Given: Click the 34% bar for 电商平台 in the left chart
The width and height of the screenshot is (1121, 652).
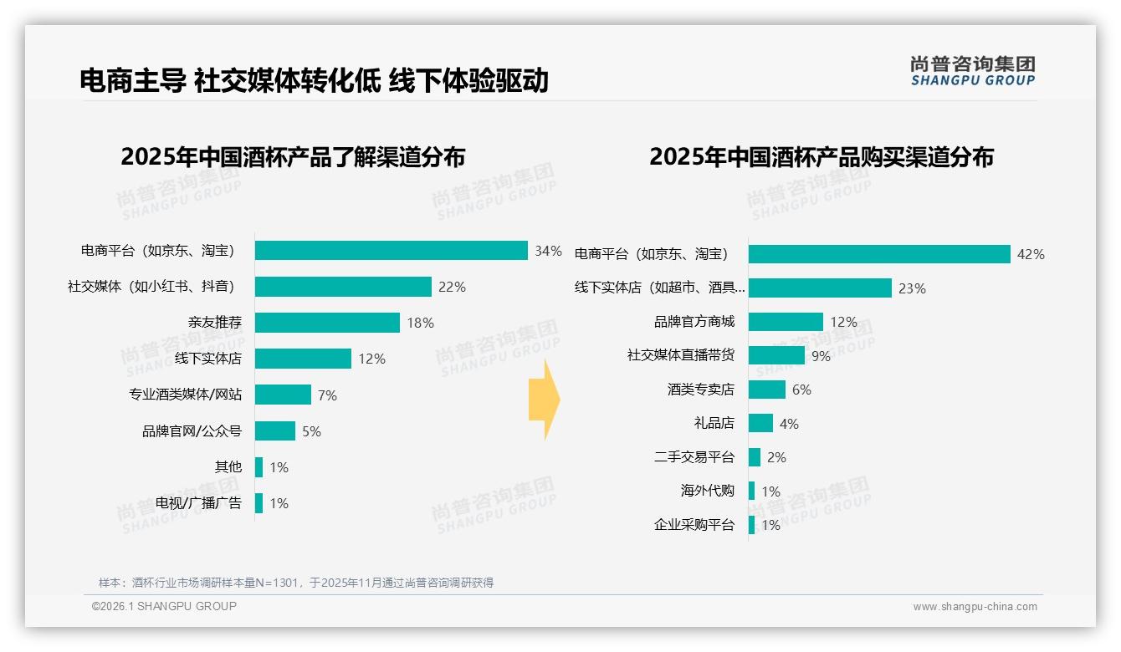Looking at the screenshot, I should (x=391, y=251).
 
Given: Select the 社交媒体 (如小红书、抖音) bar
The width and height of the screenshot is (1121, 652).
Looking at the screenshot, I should (x=343, y=287).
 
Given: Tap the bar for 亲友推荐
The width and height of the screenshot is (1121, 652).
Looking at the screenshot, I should (x=327, y=323).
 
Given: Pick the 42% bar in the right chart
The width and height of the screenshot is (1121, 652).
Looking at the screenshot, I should (x=879, y=254).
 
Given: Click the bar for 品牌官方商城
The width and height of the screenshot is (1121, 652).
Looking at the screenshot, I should (x=786, y=322).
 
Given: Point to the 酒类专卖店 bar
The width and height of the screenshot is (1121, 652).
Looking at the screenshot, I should (x=767, y=390).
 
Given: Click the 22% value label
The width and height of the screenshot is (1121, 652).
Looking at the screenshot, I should (x=452, y=288).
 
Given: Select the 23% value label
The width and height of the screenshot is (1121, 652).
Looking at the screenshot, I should (x=912, y=288).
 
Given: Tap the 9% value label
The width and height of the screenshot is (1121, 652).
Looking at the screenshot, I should (x=821, y=356).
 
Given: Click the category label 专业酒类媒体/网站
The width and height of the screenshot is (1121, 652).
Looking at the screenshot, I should (x=185, y=395).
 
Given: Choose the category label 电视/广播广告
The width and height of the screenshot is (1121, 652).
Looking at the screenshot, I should (x=198, y=503).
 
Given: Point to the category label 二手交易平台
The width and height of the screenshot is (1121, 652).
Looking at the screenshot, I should (x=694, y=457).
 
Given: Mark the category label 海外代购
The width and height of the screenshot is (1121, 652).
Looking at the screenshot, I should (x=708, y=492).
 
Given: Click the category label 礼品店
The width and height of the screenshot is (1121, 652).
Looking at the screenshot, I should (x=714, y=424).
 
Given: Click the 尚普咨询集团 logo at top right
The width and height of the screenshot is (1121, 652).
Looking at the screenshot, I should (x=973, y=71).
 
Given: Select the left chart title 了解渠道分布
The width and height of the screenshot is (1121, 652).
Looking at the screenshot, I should (x=293, y=157).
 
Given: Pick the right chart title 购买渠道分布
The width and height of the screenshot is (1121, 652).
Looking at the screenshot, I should (x=822, y=157).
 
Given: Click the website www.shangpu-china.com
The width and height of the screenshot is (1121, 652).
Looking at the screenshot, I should (x=975, y=607).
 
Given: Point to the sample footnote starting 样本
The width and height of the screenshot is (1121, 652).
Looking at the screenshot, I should (x=296, y=583).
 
